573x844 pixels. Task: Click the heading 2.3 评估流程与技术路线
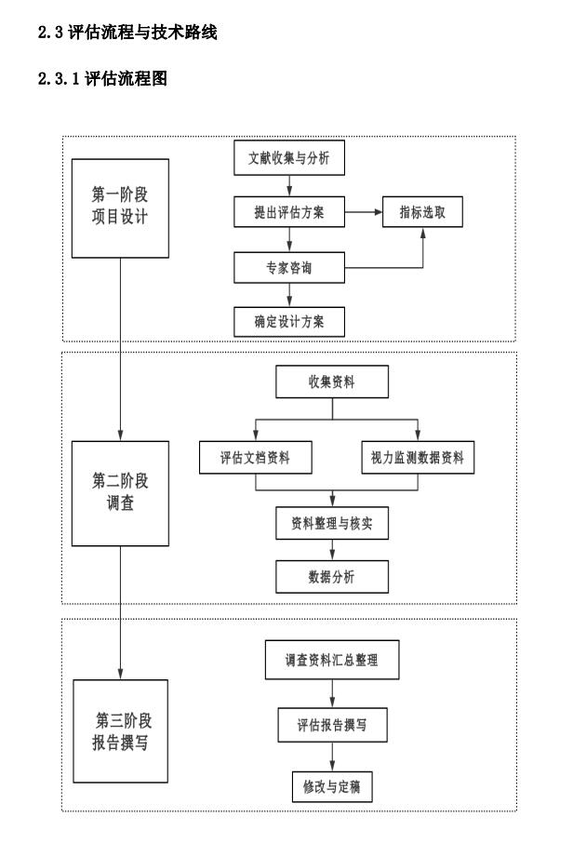[x=127, y=33]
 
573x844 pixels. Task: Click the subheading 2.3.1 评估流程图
[x=102, y=81]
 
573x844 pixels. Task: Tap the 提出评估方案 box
[x=288, y=214]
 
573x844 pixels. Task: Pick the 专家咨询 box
[x=288, y=268]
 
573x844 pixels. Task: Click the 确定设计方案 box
[x=288, y=321]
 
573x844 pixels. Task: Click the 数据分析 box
[x=331, y=577]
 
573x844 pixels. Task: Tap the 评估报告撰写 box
[x=331, y=725]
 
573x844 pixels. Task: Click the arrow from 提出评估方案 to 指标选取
[x=364, y=214]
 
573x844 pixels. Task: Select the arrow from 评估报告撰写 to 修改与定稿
[x=331, y=757]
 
